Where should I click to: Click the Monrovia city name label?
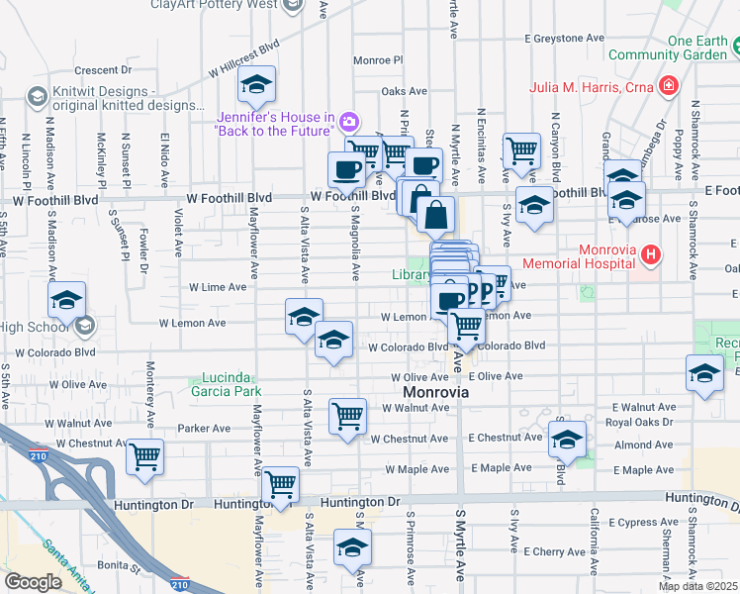coord(428,392)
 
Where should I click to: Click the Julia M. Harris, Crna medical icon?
coord(670,85)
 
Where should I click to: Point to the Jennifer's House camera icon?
coord(347,123)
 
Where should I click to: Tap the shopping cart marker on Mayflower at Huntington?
coord(281,485)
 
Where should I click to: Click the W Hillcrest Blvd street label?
coord(244,58)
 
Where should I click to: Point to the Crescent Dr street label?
coord(103,70)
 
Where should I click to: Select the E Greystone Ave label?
coord(563,38)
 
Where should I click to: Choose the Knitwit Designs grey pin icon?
coord(37,96)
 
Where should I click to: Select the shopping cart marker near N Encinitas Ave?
coord(521,151)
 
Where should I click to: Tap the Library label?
coord(411,275)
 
